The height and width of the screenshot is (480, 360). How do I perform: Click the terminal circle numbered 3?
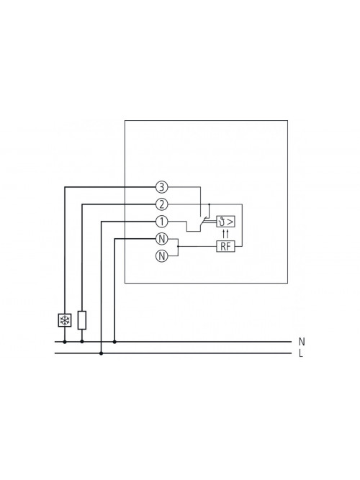[162, 186]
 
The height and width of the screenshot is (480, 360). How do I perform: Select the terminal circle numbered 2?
[162, 204]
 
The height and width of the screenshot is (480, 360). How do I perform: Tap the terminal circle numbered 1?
[162, 222]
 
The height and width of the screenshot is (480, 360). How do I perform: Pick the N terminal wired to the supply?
[162, 239]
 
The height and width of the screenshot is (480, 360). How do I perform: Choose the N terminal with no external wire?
[162, 256]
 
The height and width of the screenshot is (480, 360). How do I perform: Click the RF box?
[226, 246]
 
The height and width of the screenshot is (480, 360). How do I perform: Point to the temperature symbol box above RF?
[226, 222]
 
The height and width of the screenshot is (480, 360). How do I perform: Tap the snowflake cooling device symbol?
[65, 320]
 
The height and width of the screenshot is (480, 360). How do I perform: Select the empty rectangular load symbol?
[82, 320]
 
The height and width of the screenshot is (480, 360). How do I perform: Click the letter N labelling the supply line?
[302, 342]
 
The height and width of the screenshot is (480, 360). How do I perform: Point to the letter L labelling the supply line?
[301, 354]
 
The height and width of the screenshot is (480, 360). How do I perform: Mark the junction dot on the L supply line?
[102, 353]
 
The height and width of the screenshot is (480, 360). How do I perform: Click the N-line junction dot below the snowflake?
[65, 342]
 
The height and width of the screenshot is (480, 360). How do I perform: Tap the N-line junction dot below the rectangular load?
[82, 342]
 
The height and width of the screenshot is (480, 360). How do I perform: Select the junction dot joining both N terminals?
[178, 246]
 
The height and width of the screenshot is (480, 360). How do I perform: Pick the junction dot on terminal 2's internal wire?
[210, 204]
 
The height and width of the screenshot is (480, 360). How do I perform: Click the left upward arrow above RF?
[224, 233]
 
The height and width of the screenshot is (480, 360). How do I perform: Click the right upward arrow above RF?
[228, 233]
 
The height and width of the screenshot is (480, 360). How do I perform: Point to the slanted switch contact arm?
[203, 222]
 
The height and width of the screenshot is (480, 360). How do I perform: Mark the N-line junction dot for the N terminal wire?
[114, 342]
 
